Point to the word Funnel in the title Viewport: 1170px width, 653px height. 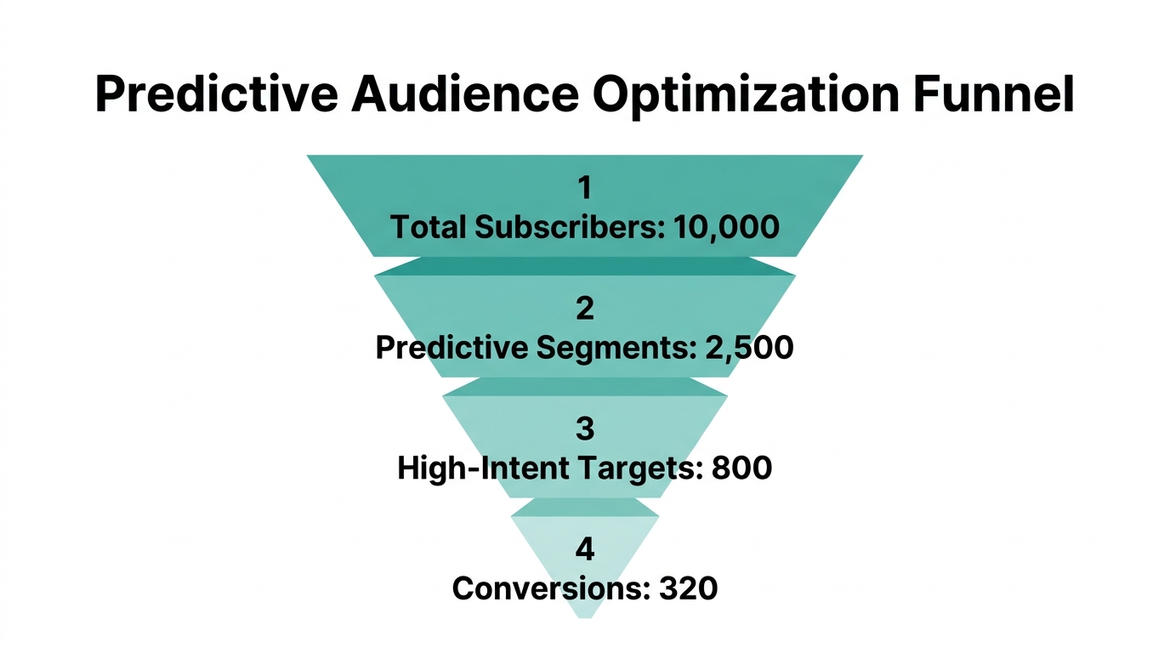pos(995,95)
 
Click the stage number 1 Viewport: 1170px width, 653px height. pos(585,188)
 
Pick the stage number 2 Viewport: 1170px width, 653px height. pos(585,308)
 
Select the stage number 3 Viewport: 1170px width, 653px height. pos(585,429)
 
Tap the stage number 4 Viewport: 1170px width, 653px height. pos(585,549)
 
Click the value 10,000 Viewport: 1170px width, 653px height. pos(725,227)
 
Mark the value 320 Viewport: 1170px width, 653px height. pos(689,588)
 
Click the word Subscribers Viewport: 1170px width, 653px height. pos(569,227)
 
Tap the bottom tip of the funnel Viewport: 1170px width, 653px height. pos(585,615)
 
